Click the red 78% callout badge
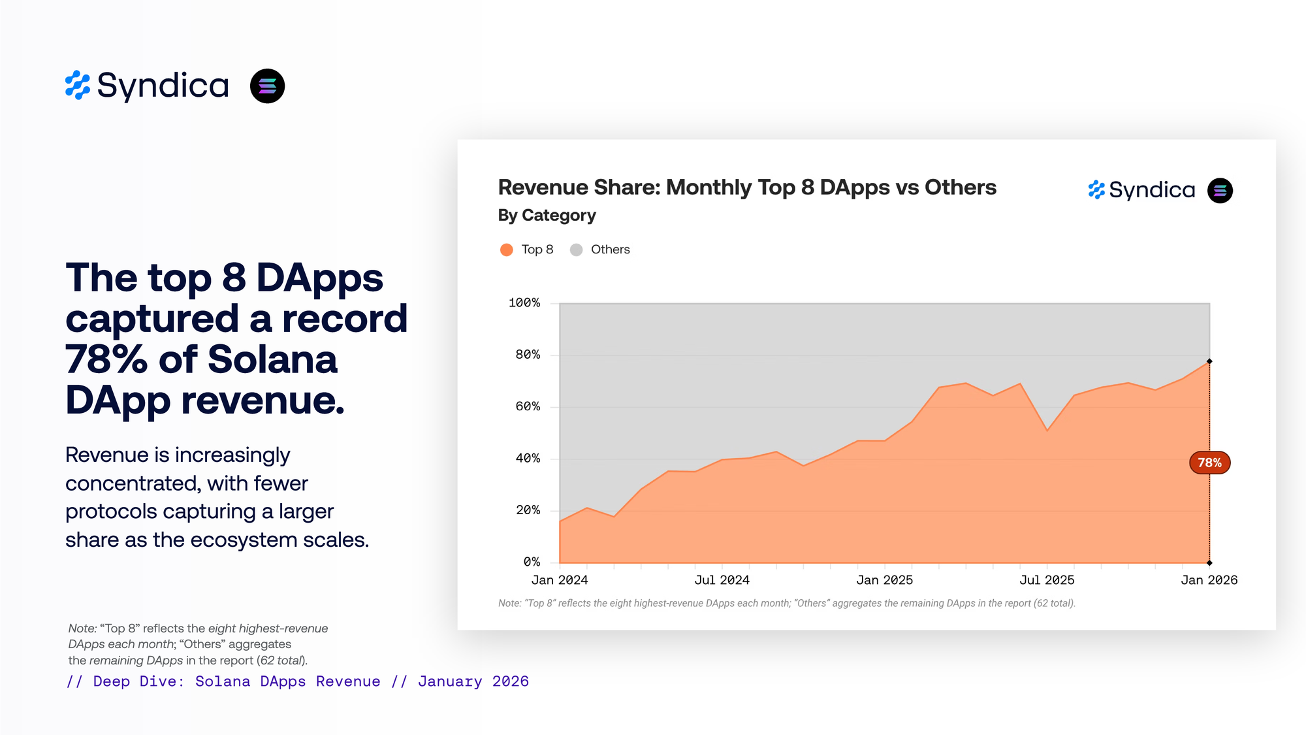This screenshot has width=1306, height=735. pos(1209,463)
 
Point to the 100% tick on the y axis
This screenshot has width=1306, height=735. pos(524,302)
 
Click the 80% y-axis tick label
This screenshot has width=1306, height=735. pos(528,355)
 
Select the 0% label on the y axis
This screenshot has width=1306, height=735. pos(532,562)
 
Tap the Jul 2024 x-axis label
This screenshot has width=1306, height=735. pos(722,580)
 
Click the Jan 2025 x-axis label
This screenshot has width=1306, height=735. pos(884,580)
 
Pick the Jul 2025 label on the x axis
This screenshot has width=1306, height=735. pos(1047,580)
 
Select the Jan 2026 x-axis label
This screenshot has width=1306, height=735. pos(1209,580)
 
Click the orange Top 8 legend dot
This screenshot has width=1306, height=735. pos(506,250)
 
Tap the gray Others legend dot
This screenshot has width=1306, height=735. pos(576,250)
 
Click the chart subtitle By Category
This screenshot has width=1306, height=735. pos(547,216)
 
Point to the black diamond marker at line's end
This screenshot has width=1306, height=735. pos(1209,361)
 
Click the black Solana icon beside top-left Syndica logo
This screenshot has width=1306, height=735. pos(267,86)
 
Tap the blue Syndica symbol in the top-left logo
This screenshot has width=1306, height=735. pos(78,86)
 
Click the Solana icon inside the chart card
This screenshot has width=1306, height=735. pos(1220,191)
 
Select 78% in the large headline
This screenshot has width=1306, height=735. pos(106,359)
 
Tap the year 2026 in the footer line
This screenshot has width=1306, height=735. pos(510,681)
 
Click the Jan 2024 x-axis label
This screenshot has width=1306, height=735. pos(560,580)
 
